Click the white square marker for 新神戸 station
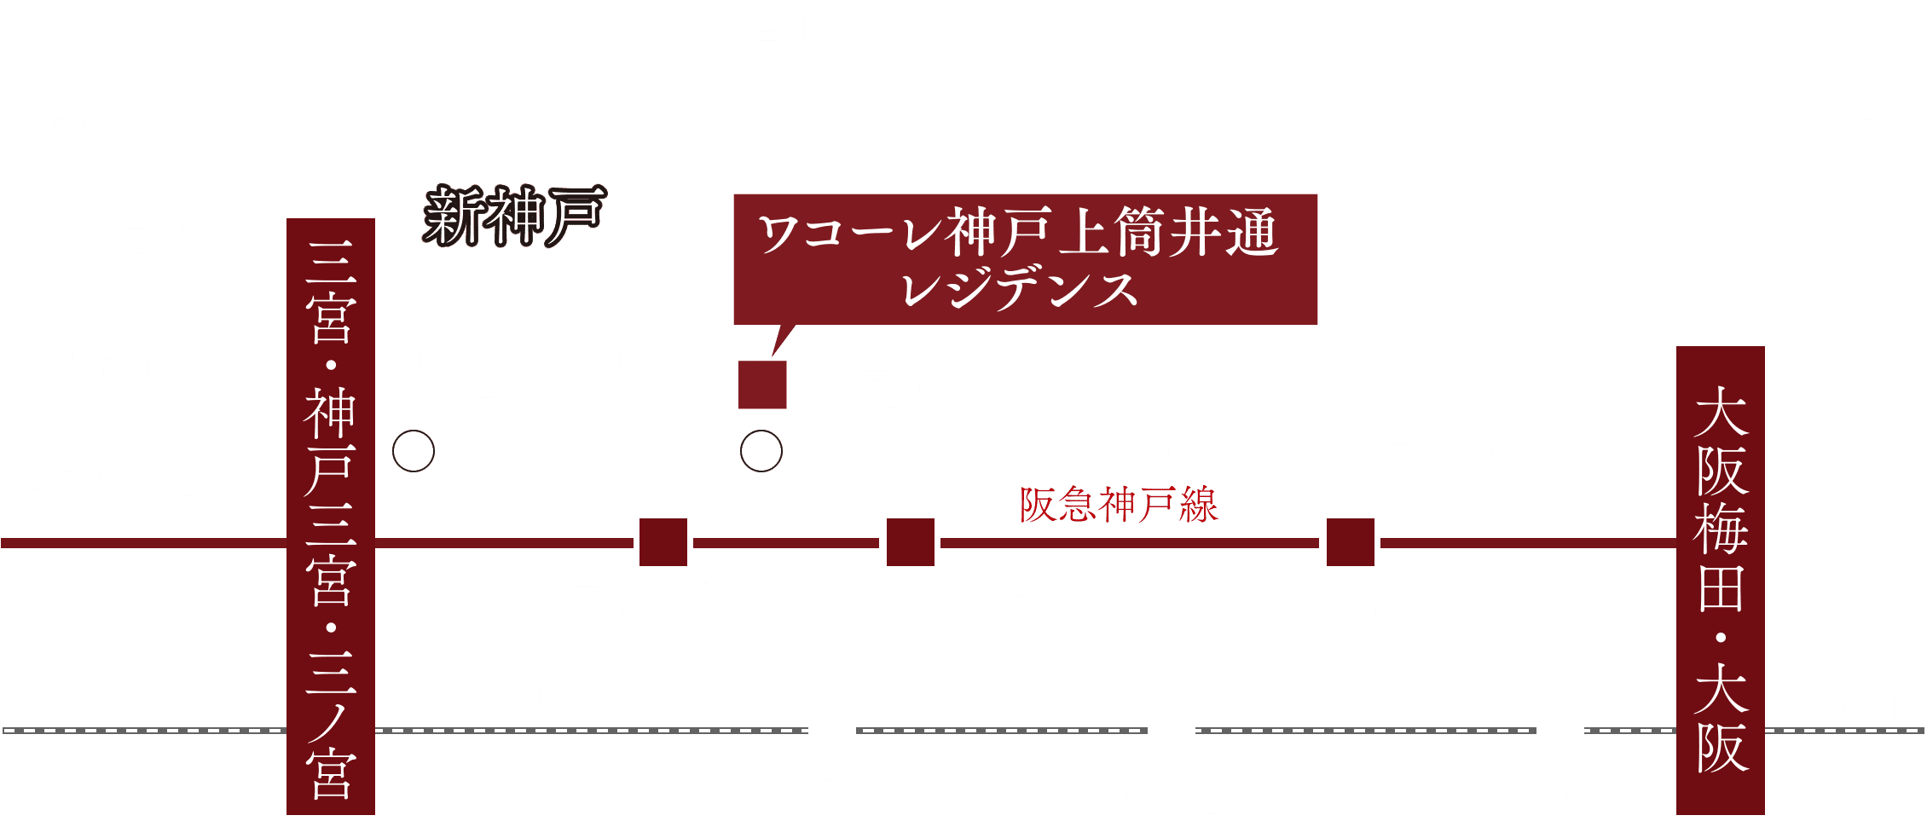[576, 153]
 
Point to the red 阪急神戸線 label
[1119, 505]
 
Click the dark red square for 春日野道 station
[663, 542]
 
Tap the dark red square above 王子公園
[911, 542]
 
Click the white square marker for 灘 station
[832, 730]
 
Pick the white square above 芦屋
[1171, 730]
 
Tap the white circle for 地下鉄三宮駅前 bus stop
[414, 451]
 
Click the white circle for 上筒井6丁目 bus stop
[761, 451]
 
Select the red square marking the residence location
[762, 385]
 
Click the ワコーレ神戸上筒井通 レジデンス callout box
[1025, 259]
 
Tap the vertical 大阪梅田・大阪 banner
[1721, 580]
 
